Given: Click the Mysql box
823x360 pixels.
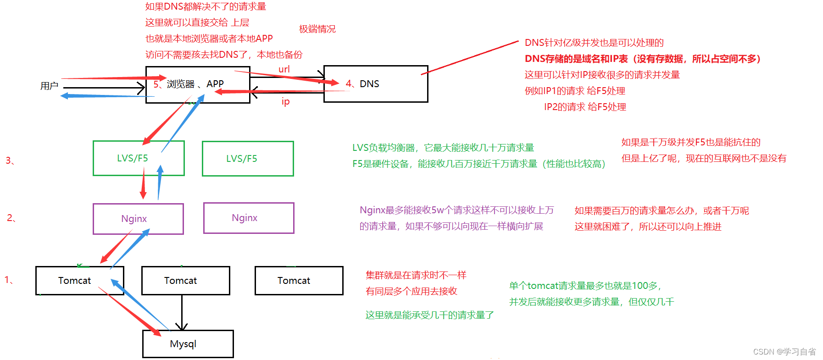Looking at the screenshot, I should [188, 344].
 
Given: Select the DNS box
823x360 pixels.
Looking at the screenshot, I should [376, 84].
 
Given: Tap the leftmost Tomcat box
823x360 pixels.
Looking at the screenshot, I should [79, 281].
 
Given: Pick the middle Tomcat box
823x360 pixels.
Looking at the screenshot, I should [185, 281].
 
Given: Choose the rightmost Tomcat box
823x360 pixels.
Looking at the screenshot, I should [299, 281].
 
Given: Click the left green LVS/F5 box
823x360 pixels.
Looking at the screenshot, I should [139, 158].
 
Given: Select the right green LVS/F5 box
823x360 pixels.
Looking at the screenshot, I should [248, 159].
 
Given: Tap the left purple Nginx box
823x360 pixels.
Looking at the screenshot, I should [138, 219].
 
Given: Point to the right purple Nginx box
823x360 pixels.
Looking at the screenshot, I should [249, 218].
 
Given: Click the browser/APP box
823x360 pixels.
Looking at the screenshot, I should [198, 84].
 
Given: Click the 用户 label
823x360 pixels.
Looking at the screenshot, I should [49, 86].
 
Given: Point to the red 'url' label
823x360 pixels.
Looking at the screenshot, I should [284, 69].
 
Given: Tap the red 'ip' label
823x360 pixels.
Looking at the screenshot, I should [285, 101].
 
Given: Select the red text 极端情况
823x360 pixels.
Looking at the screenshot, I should [317, 29].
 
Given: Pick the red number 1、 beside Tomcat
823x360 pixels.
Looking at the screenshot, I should [9, 280].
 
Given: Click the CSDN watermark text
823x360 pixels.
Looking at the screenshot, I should [784, 352].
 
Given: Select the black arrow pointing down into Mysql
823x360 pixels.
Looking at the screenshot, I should [182, 321].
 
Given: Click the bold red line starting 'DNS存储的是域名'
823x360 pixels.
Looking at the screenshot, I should [642, 59].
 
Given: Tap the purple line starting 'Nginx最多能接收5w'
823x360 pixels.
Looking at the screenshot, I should [456, 210].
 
